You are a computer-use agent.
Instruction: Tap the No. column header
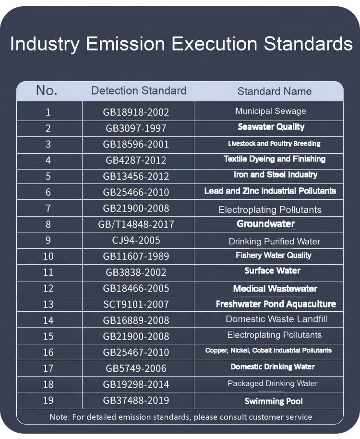click(x=47, y=90)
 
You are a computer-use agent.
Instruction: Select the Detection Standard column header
click(x=138, y=91)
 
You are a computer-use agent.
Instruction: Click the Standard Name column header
click(x=274, y=91)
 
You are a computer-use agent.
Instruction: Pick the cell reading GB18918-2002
click(x=136, y=112)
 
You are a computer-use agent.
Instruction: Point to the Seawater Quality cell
click(x=271, y=127)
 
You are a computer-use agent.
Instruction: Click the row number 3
click(x=48, y=144)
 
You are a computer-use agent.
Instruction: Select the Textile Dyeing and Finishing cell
click(x=274, y=159)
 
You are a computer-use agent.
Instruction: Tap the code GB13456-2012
click(x=136, y=176)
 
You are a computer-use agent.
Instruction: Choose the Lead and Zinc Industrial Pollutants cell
click(x=270, y=191)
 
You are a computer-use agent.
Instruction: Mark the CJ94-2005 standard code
click(x=136, y=240)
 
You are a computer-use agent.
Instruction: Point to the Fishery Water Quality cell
click(x=273, y=256)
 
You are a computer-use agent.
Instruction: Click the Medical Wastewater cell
click(x=275, y=289)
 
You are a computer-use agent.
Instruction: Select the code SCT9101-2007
click(x=136, y=304)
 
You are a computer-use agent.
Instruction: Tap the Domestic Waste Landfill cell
click(x=276, y=319)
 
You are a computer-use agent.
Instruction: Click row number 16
click(x=48, y=352)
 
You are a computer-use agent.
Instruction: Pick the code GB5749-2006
click(x=136, y=368)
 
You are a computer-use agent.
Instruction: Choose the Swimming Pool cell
click(x=274, y=401)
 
